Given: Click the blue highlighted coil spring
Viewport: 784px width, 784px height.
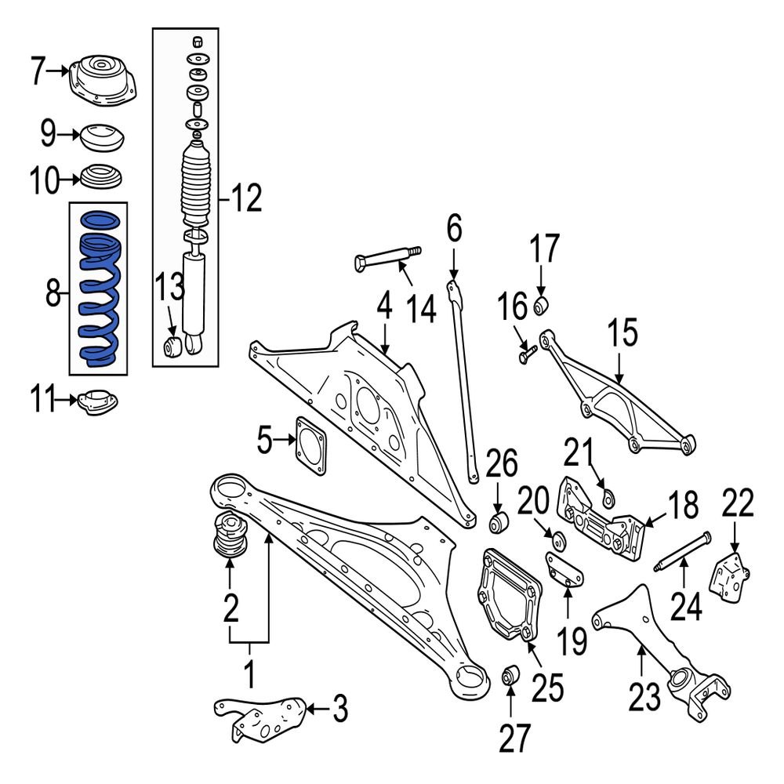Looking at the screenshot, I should (98, 290).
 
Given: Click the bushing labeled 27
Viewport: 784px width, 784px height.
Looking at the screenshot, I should (510, 673).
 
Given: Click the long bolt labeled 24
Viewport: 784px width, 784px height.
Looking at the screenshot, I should (683, 551).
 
